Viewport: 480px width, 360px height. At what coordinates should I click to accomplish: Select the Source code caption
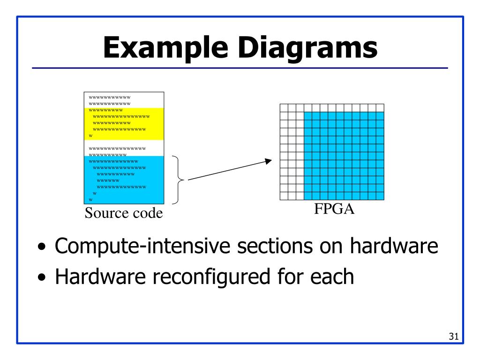click(124, 214)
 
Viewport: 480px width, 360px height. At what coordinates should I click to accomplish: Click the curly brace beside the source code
click(180, 180)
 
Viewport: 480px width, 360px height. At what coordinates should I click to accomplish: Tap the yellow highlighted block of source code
click(124, 124)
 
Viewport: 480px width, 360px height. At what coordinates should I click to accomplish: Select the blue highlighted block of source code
click(124, 180)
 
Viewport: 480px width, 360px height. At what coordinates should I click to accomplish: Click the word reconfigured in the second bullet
click(198, 277)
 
